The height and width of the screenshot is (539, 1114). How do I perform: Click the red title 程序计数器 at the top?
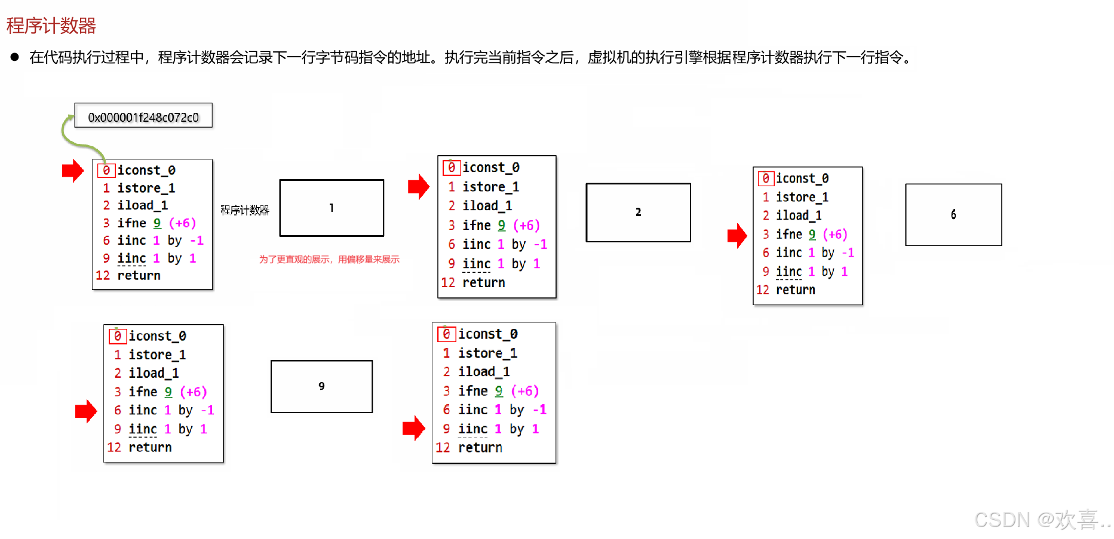click(x=51, y=26)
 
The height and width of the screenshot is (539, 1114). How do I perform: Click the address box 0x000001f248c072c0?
click(x=143, y=116)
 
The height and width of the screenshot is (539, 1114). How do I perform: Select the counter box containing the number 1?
click(x=332, y=208)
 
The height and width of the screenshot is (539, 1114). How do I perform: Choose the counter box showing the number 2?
click(x=638, y=212)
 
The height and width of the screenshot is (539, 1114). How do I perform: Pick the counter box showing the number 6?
click(x=953, y=215)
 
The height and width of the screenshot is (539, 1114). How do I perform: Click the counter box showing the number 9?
click(x=321, y=386)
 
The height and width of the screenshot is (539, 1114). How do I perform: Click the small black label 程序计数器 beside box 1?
click(x=245, y=210)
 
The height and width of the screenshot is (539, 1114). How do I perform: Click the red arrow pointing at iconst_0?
click(x=73, y=171)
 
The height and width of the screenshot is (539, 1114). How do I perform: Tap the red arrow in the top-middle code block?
click(x=418, y=187)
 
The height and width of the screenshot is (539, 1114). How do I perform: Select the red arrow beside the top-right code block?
click(x=737, y=235)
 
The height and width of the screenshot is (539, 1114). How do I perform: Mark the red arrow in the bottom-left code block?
click(x=86, y=411)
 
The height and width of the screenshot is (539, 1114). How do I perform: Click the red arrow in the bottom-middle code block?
click(x=413, y=428)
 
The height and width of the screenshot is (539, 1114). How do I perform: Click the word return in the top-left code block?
click(x=139, y=275)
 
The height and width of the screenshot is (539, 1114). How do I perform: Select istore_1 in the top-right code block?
click(x=802, y=197)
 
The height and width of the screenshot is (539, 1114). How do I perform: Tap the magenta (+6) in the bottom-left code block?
click(x=194, y=392)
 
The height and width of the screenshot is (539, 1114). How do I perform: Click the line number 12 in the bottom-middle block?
click(x=443, y=448)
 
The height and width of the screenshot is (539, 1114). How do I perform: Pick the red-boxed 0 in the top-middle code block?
click(x=452, y=168)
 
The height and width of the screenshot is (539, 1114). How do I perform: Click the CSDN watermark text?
click(x=1042, y=519)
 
